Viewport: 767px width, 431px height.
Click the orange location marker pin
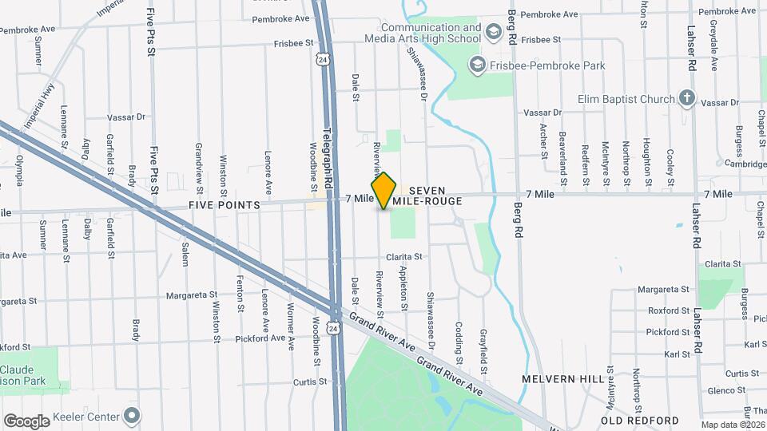pos(383,191)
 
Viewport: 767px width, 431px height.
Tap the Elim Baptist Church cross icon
pos(686,99)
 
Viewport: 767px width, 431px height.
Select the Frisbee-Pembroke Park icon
pos(478,65)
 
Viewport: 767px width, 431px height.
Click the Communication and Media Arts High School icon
pos(493,33)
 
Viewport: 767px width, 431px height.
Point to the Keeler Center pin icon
pos(132,416)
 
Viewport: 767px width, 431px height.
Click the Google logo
pos(26,421)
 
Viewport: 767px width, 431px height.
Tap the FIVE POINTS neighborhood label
pos(225,205)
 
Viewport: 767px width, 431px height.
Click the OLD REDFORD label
pos(640,420)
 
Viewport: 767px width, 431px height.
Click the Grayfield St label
pos(483,351)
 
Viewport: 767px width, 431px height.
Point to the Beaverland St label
pos(562,154)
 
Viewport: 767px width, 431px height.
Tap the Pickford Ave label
pos(260,338)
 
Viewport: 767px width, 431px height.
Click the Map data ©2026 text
pos(733,425)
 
